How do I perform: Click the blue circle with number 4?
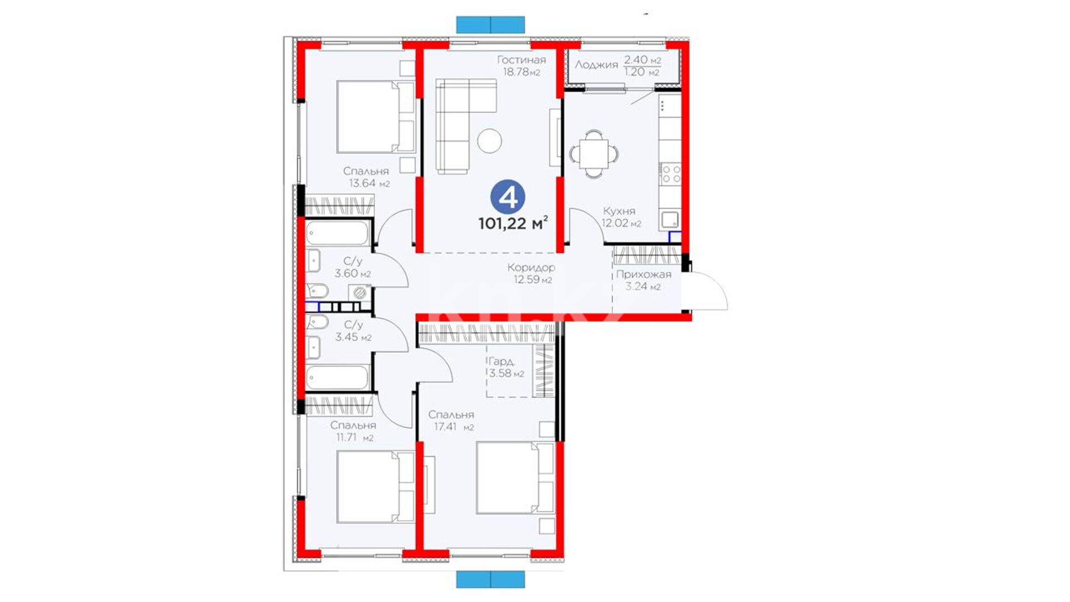(508, 198)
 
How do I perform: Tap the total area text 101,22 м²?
(513, 224)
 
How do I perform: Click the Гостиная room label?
(522, 60)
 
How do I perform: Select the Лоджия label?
(596, 65)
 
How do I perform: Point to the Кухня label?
(619, 211)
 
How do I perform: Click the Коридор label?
(531, 268)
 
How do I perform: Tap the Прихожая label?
(644, 274)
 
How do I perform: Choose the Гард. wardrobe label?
(501, 361)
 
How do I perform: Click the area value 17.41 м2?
(454, 427)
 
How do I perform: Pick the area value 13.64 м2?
(369, 183)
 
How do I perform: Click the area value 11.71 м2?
(354, 437)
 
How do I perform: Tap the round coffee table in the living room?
(489, 140)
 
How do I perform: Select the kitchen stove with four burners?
(670, 174)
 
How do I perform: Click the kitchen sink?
(669, 220)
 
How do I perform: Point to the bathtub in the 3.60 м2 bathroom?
(338, 234)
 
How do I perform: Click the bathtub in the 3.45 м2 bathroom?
(338, 377)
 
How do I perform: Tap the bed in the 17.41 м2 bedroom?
(515, 478)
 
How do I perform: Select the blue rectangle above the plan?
(490, 25)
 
